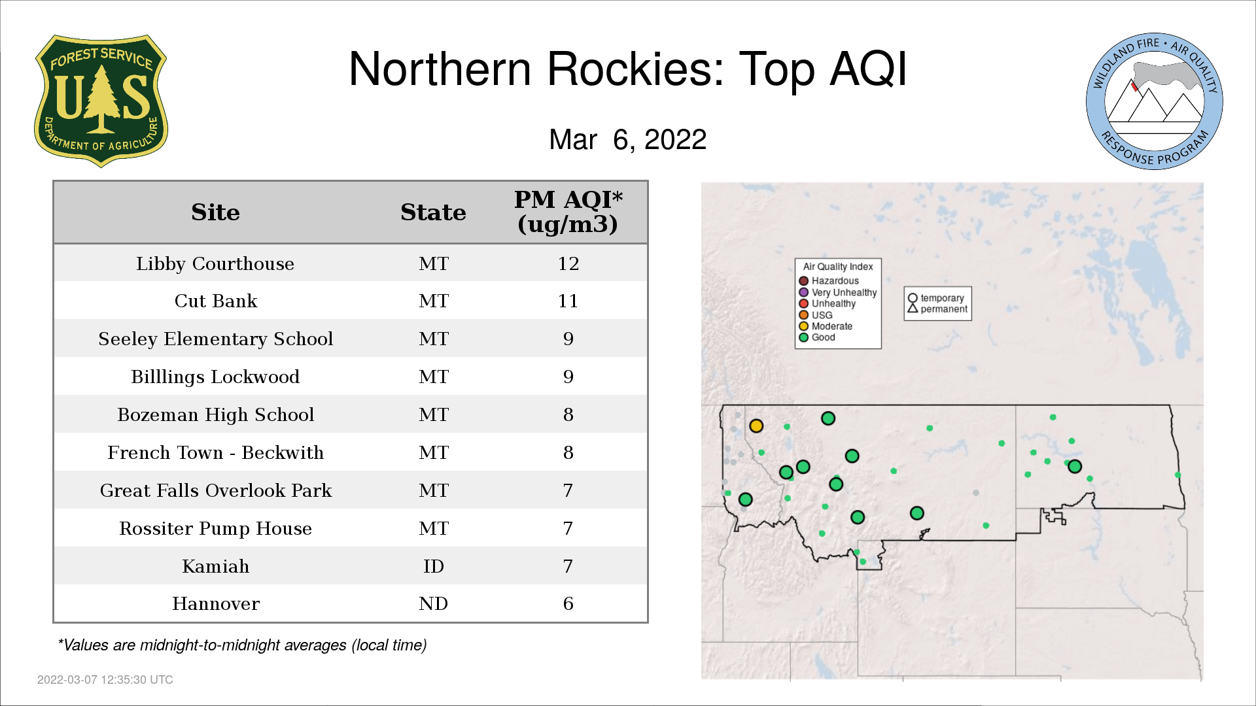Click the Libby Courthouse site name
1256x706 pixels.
pyautogui.click(x=215, y=263)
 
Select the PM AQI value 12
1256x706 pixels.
pyautogui.click(x=568, y=263)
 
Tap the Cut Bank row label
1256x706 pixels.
pyautogui.click(x=215, y=301)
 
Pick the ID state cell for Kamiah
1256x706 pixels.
pyautogui.click(x=433, y=566)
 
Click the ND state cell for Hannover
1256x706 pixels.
pyautogui.click(x=433, y=603)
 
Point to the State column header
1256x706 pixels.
pyautogui.click(x=433, y=212)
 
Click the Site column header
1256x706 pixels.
pyautogui.click(x=215, y=212)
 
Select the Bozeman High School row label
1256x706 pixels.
pyautogui.click(x=215, y=414)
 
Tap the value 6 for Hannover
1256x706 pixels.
pyautogui.click(x=568, y=603)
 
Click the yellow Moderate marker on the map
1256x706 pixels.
pyautogui.click(x=756, y=426)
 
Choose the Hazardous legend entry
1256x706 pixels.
pyautogui.click(x=829, y=281)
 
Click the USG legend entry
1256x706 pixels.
pyautogui.click(x=816, y=315)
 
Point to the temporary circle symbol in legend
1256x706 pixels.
pyautogui.click(x=913, y=298)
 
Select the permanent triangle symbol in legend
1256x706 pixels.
pyautogui.click(x=913, y=308)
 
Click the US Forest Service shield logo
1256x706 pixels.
pyautogui.click(x=101, y=101)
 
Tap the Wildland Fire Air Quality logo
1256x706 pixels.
pyautogui.click(x=1155, y=101)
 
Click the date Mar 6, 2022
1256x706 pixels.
pyautogui.click(x=628, y=139)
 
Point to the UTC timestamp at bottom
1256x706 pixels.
pyautogui.click(x=105, y=680)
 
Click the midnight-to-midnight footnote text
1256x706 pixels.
pyautogui.click(x=242, y=645)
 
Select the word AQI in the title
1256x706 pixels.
pyautogui.click(x=868, y=69)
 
